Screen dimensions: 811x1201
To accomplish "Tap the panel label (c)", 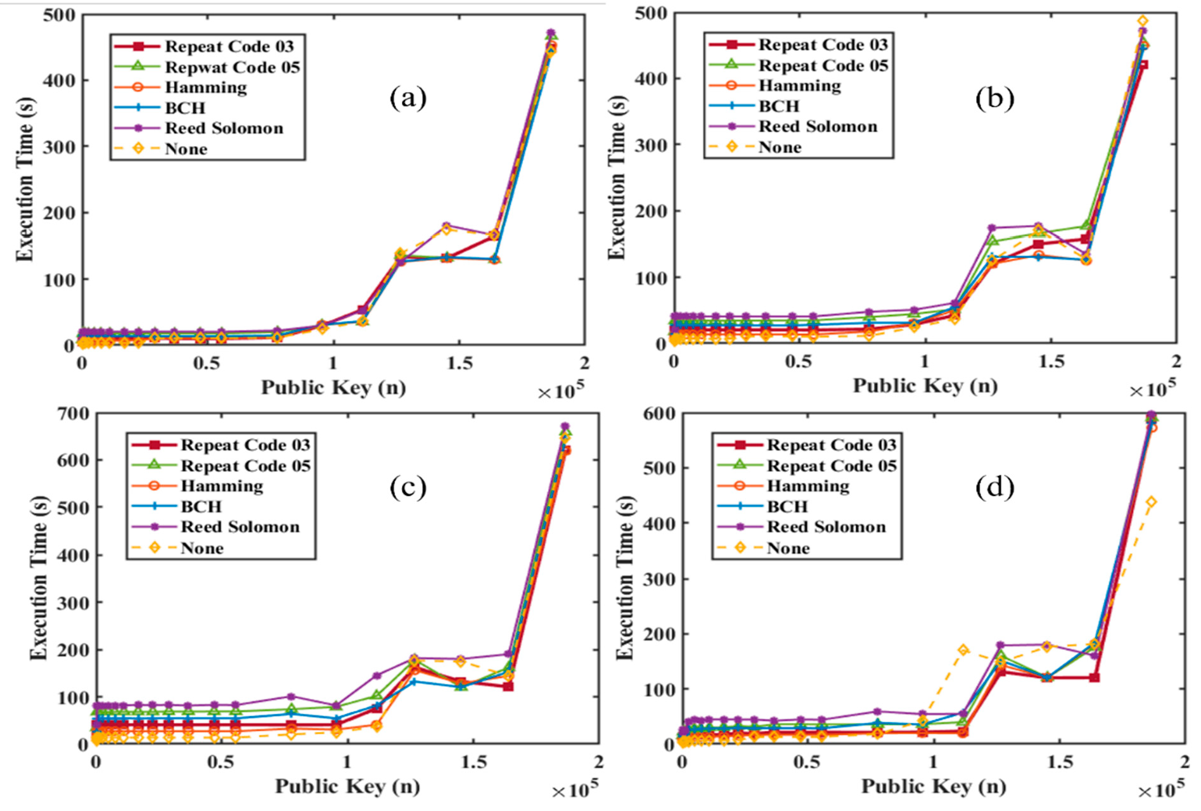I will pos(408,487).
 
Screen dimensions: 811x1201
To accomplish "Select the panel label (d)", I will pos(994,487).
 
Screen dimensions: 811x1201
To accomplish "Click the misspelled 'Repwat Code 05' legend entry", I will pos(232,67).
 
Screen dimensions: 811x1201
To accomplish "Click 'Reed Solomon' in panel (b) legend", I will pos(818,127).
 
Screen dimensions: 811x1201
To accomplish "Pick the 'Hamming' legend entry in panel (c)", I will pos(222,486).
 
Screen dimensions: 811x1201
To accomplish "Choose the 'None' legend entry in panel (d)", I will pos(788,548).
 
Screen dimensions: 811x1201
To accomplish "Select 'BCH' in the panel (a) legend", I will pos(185,108).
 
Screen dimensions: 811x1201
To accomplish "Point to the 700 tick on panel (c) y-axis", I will pos(74,414).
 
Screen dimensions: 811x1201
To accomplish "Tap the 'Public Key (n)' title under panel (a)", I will pos(333,387).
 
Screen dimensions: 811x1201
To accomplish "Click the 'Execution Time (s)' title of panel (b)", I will pos(616,177).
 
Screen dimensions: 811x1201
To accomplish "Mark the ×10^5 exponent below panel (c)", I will pos(574,790).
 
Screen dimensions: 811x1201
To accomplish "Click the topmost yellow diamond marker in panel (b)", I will pos(1142,21).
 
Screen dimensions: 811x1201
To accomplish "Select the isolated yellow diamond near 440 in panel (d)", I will pos(1152,502).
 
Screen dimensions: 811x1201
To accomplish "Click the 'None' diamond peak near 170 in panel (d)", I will pos(963,650).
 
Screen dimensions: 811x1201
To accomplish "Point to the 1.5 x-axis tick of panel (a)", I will pos(459,363).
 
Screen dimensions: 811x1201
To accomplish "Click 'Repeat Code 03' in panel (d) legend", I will pos(831,445).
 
